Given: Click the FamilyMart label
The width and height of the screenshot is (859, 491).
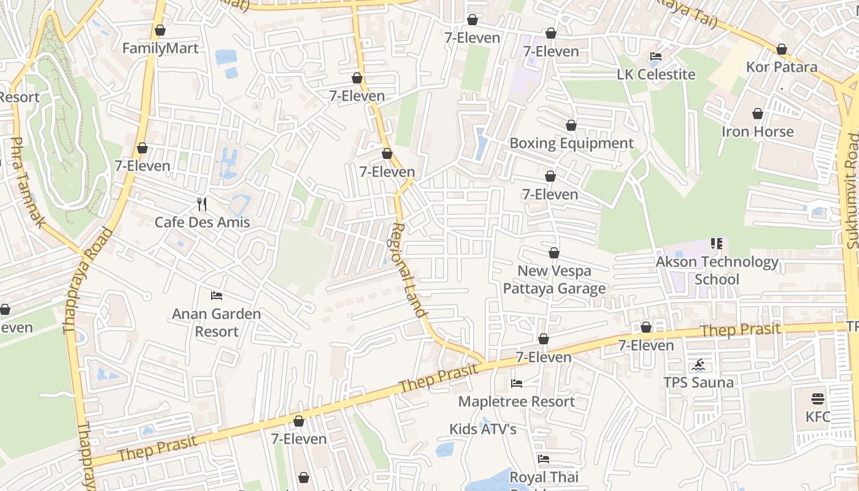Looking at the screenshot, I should click(160, 48).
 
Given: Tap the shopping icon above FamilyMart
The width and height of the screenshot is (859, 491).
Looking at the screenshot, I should click(160, 30).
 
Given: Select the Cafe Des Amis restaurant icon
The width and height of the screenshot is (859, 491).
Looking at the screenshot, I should click(202, 204).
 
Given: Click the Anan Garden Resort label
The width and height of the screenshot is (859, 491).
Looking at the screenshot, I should click(216, 323).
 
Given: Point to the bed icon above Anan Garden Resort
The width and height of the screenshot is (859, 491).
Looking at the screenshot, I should click(216, 296).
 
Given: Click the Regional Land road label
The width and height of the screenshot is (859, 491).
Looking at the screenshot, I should click(409, 270).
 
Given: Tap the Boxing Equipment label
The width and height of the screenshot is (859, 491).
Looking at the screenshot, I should click(571, 144).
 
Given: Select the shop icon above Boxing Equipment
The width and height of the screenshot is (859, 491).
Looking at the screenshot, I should click(571, 125).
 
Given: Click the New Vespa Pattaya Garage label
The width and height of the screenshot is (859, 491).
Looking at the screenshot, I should click(554, 280).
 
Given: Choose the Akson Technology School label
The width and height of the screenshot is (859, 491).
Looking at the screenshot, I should click(717, 271).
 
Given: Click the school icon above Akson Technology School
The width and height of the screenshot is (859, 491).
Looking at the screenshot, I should click(716, 244).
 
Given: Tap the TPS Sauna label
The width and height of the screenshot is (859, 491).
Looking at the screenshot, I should click(698, 383).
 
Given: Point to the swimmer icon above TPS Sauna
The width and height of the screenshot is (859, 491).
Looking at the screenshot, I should click(698, 366).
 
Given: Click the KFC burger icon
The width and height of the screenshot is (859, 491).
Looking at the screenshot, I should click(817, 399).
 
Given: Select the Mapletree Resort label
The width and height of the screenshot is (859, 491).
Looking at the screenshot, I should click(517, 402).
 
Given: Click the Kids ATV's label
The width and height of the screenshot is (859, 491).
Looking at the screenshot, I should click(483, 429).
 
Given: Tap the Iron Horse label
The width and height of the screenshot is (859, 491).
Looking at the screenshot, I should click(757, 132).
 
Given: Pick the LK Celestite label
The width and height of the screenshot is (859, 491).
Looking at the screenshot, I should click(656, 75).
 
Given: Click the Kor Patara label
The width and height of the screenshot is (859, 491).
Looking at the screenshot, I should click(782, 67).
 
